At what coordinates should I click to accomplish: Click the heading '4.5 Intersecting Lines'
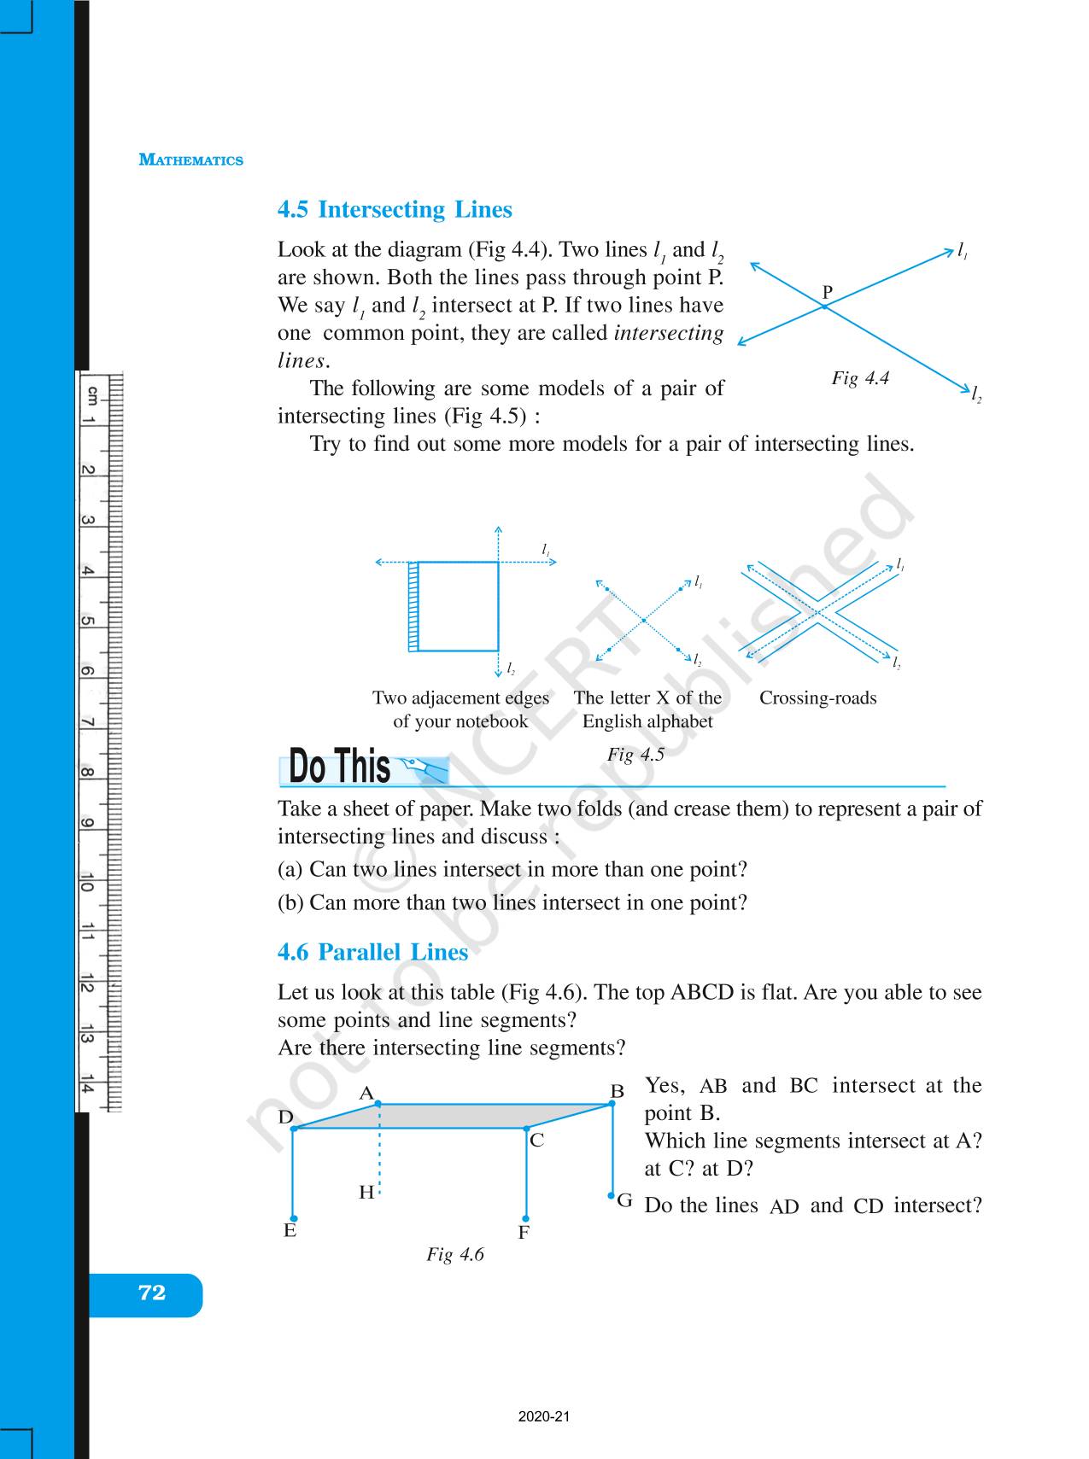[395, 210]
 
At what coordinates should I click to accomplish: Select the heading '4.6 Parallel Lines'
[372, 953]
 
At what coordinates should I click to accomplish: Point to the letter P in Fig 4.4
[827, 292]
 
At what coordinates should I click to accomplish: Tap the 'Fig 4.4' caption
[860, 378]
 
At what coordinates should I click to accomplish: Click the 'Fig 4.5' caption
[635, 755]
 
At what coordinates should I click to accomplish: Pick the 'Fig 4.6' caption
[455, 1254]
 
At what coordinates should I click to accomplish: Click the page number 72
[151, 1293]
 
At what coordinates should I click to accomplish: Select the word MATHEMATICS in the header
[191, 160]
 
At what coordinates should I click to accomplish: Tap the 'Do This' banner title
[339, 766]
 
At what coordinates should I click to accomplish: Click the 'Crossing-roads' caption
[817, 698]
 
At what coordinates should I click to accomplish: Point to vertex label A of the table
[366, 1093]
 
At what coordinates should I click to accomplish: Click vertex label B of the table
[617, 1091]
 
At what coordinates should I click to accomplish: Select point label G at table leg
[625, 1201]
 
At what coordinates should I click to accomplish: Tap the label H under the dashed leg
[366, 1193]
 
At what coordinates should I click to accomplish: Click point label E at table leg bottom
[290, 1230]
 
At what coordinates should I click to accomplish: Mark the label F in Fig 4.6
[524, 1233]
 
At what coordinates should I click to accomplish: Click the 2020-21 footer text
[543, 1417]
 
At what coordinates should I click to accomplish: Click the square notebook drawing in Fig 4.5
[457, 606]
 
